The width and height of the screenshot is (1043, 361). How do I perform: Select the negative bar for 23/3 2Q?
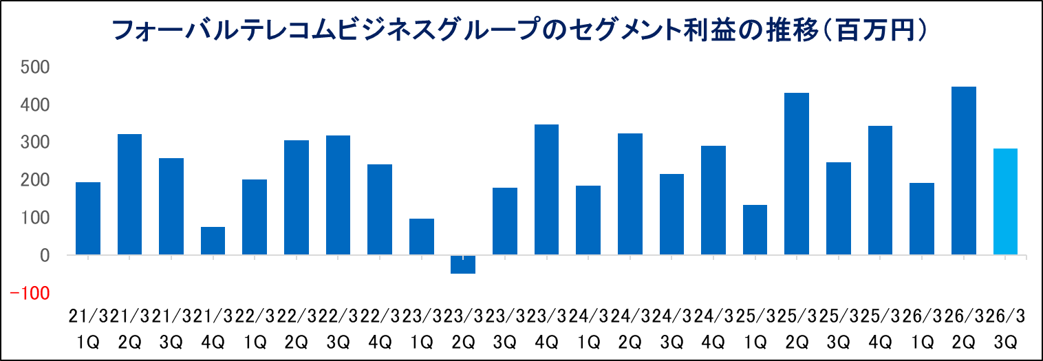tap(463, 264)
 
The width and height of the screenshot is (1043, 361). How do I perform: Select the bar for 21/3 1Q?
tap(88, 219)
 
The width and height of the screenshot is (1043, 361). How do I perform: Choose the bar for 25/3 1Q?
tap(755, 230)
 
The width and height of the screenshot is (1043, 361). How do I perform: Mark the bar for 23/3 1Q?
tap(421, 237)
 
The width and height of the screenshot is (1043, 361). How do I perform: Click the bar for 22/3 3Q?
tap(338, 195)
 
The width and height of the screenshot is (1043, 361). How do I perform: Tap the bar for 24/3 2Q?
tap(630, 194)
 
